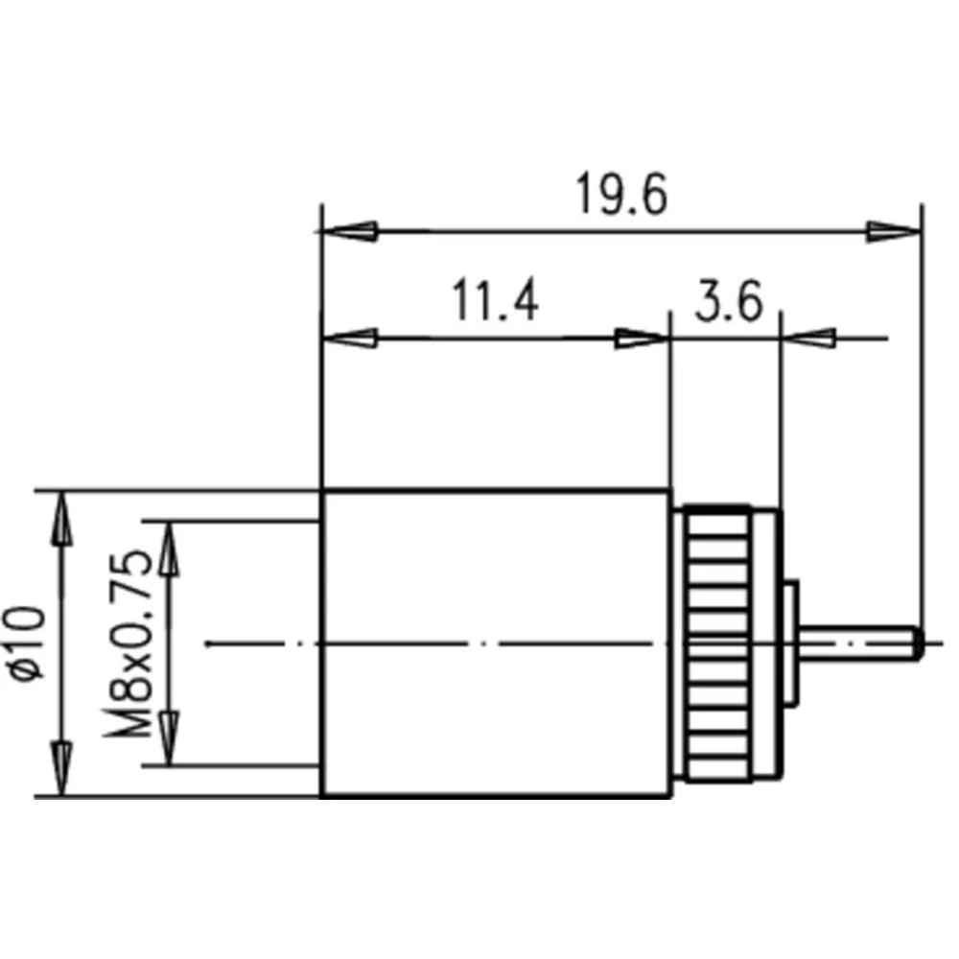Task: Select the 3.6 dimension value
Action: (728, 303)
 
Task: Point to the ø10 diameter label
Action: (29, 643)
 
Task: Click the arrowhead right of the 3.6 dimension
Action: (810, 338)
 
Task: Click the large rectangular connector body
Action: (495, 643)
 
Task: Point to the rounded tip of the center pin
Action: (917, 643)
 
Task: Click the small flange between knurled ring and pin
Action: (791, 643)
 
